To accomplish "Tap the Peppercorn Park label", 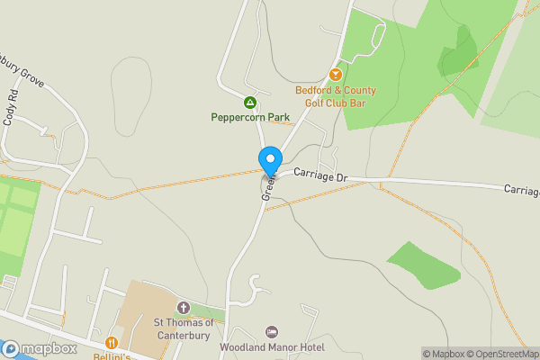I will (x=249, y=117).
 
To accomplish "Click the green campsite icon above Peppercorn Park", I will (x=249, y=102).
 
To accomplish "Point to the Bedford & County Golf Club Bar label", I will (x=336, y=96).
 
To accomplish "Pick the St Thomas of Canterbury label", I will (x=183, y=328).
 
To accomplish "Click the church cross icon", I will (x=183, y=308).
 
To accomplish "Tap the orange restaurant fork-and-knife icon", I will (x=111, y=343).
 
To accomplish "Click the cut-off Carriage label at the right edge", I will (x=521, y=190).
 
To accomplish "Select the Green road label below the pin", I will (x=267, y=186).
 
